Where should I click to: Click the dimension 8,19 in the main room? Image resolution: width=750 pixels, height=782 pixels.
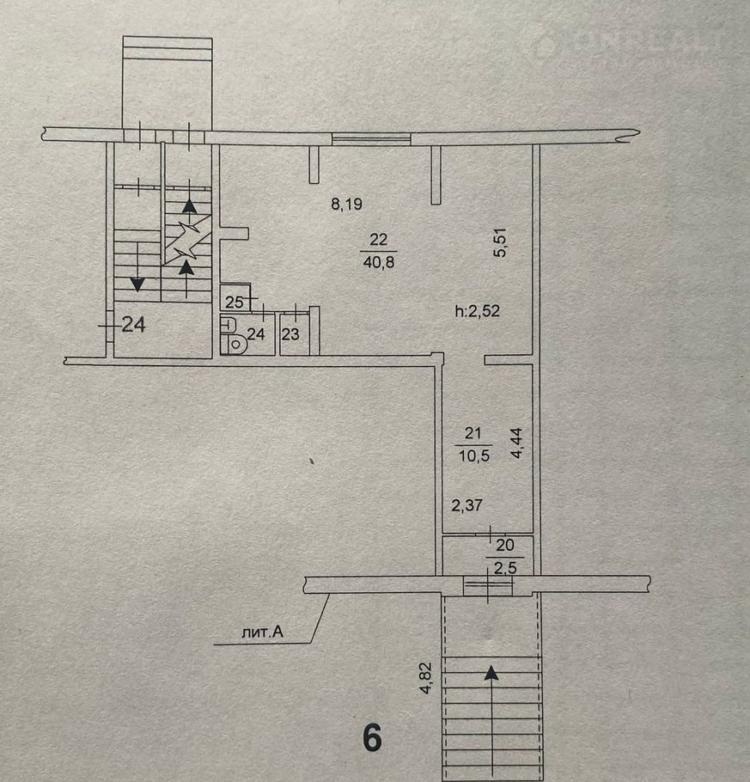[x=346, y=204]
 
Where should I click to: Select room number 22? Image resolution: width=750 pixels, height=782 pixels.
[x=379, y=240]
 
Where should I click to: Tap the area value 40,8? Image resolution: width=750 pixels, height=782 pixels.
[x=379, y=262]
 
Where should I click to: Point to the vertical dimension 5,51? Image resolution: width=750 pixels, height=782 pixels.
[x=500, y=242]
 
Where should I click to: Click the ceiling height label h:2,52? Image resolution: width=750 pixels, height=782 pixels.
[x=477, y=311]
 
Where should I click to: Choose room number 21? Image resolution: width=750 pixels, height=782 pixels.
[x=473, y=433]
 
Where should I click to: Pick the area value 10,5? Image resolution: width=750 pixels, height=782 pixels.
[x=474, y=455]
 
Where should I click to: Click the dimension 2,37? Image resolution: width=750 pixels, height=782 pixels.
[x=466, y=505]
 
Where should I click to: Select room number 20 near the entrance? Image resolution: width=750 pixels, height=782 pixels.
[x=505, y=545]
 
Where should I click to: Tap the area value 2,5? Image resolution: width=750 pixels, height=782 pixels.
[x=505, y=567]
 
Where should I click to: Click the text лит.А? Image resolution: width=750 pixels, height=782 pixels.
[x=262, y=632]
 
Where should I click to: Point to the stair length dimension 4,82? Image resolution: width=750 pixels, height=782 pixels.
[x=427, y=678]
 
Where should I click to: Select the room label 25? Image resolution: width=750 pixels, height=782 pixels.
[x=234, y=302]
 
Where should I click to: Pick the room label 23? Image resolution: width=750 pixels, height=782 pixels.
[x=290, y=334]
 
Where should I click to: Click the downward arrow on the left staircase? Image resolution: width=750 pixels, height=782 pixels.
[x=137, y=284]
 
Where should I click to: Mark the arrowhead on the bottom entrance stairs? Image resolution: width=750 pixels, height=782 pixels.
[x=491, y=673]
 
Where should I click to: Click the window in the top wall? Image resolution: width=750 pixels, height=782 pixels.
[x=371, y=139]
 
